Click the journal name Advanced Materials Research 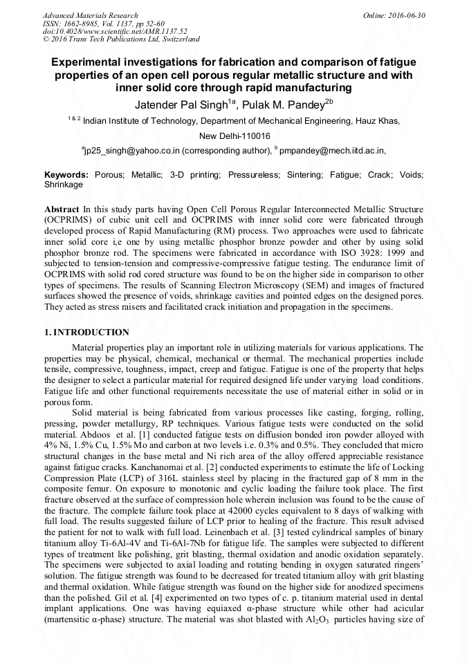pyautogui.click(x=90, y=15)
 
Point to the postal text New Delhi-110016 pyautogui.click(x=234, y=136)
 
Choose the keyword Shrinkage pyautogui.click(x=64, y=185)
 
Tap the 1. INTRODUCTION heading pyautogui.click(x=86, y=333)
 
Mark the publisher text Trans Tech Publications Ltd pyautogui.click(x=105, y=39)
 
